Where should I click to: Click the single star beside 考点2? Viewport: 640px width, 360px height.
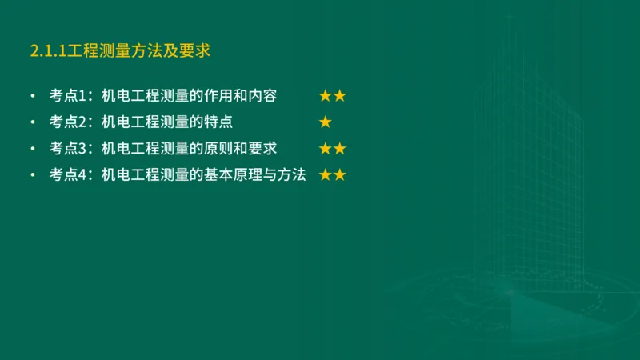click(326, 122)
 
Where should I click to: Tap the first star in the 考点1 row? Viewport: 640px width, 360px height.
click(326, 96)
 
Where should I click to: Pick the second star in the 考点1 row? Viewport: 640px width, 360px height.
click(340, 96)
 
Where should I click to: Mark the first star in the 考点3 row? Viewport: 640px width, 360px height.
click(326, 149)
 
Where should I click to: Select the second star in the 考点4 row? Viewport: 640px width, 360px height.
click(340, 174)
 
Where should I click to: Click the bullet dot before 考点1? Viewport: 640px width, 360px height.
click(32, 97)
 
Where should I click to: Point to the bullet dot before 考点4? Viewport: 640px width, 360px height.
click(32, 175)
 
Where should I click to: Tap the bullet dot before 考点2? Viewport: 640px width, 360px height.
click(32, 123)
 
